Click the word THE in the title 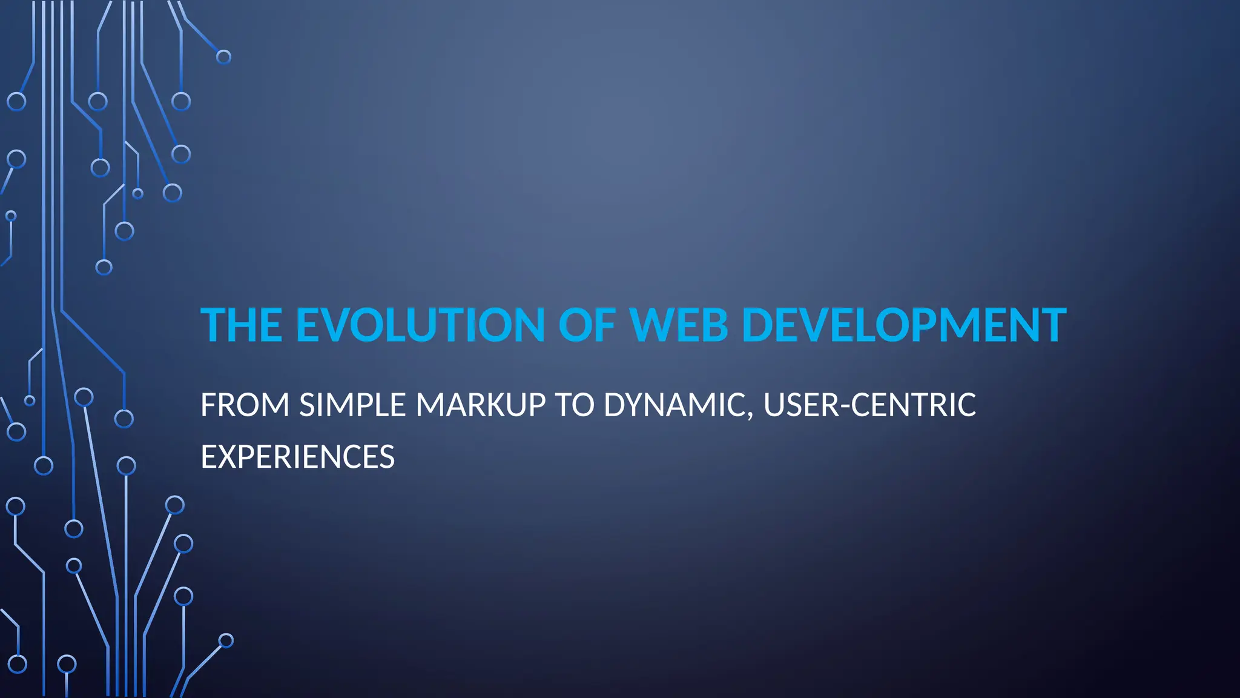point(241,325)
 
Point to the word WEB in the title point(678,325)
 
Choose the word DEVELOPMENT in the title point(903,325)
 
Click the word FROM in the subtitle point(245,405)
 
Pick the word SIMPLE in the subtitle point(352,405)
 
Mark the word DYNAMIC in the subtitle point(674,405)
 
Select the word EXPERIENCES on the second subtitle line point(297,457)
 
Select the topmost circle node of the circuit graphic point(223,57)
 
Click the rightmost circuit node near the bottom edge point(226,640)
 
